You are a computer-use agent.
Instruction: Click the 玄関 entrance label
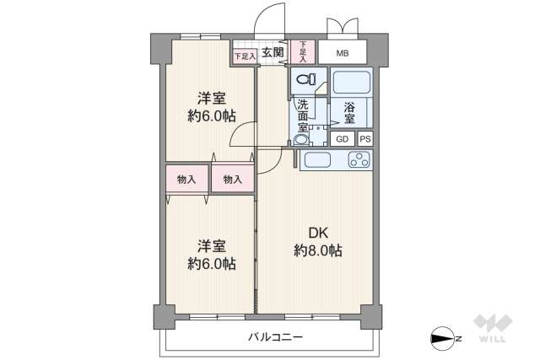272,53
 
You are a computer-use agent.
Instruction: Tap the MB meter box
342,53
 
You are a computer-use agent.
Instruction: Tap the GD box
343,139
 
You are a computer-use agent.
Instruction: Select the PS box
364,139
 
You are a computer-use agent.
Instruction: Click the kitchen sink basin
319,160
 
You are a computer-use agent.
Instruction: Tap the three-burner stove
358,159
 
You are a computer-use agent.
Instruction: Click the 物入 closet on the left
186,180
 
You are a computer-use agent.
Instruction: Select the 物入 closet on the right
232,180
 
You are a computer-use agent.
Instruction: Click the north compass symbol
445,338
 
